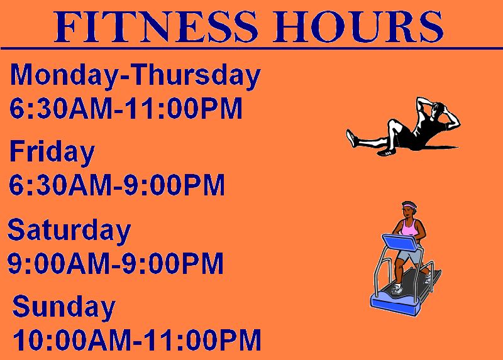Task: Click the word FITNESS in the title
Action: (156, 27)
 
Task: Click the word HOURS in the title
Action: (358, 27)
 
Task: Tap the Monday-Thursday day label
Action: (135, 75)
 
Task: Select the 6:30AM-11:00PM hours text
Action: (126, 108)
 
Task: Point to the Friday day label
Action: (52, 152)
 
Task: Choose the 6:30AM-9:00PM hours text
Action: (117, 185)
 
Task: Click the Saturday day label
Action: (69, 231)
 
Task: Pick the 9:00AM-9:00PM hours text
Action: (116, 263)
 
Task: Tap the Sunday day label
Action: (64, 307)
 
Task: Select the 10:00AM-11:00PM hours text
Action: (137, 340)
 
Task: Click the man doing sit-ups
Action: (403, 127)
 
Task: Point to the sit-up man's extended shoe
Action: (352, 138)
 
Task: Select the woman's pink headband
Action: (409, 205)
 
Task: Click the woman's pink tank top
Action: (409, 228)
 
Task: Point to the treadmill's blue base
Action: (395, 306)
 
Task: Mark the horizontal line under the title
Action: (251, 48)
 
